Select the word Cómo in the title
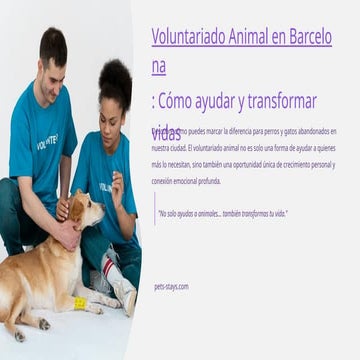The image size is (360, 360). pos(180,101)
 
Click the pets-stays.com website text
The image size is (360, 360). pos(171,286)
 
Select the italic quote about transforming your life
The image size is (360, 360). pos(222,213)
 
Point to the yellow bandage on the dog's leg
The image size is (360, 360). pos(79,302)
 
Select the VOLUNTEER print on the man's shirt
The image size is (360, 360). pos(47,141)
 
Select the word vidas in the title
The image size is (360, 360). pos(167,133)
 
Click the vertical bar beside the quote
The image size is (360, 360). pos(154,213)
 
